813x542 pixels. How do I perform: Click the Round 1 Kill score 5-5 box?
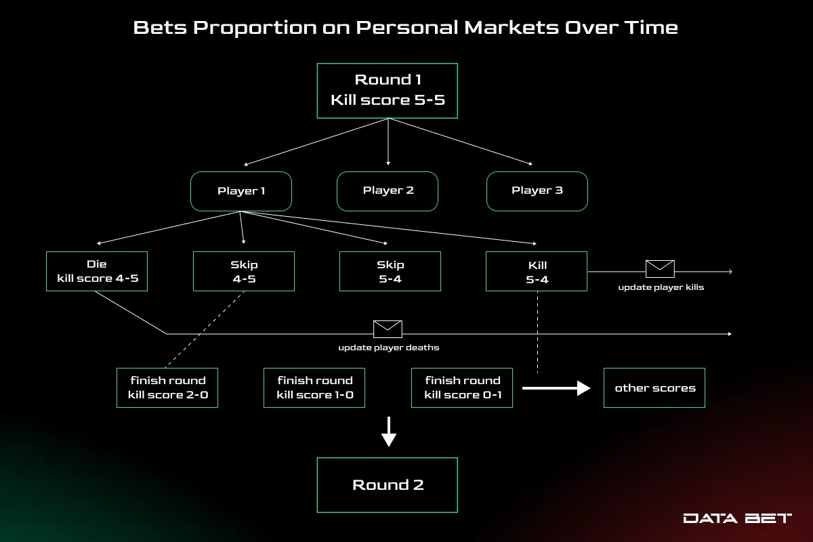388,91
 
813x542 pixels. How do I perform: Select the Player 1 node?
241,191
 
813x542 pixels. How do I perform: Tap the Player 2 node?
388,190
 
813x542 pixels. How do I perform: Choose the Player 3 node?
537,190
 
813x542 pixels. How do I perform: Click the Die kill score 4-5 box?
97,271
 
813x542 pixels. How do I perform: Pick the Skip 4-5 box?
244,271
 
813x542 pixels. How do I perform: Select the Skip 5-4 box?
390,271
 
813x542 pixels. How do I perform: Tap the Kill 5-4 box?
537,271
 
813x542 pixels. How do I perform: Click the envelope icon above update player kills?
660,269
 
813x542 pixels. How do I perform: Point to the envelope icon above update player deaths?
388,329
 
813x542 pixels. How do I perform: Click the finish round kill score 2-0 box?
167,388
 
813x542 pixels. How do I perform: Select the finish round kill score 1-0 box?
314,388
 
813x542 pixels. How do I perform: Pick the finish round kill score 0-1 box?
462,388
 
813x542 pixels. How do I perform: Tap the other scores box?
654,388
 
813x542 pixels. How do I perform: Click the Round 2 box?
388,485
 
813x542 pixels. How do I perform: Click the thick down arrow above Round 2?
388,432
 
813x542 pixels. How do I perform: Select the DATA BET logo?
737,518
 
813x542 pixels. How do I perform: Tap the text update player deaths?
389,348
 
